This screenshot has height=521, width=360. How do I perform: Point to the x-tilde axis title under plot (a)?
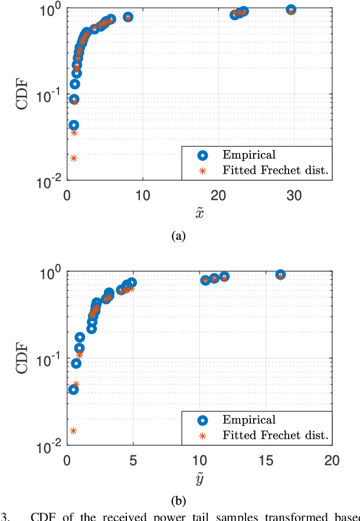(199, 213)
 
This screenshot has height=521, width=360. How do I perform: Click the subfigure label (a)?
(178, 236)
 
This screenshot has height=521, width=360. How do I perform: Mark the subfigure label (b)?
(178, 502)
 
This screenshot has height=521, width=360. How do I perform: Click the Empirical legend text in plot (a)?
(248, 155)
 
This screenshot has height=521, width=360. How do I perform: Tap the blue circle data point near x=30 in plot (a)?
(290, 9)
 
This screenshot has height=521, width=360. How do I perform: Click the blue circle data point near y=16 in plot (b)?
(280, 275)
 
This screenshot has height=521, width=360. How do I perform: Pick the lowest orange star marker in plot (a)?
(74, 158)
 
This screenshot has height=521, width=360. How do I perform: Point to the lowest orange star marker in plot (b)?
(73, 431)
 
